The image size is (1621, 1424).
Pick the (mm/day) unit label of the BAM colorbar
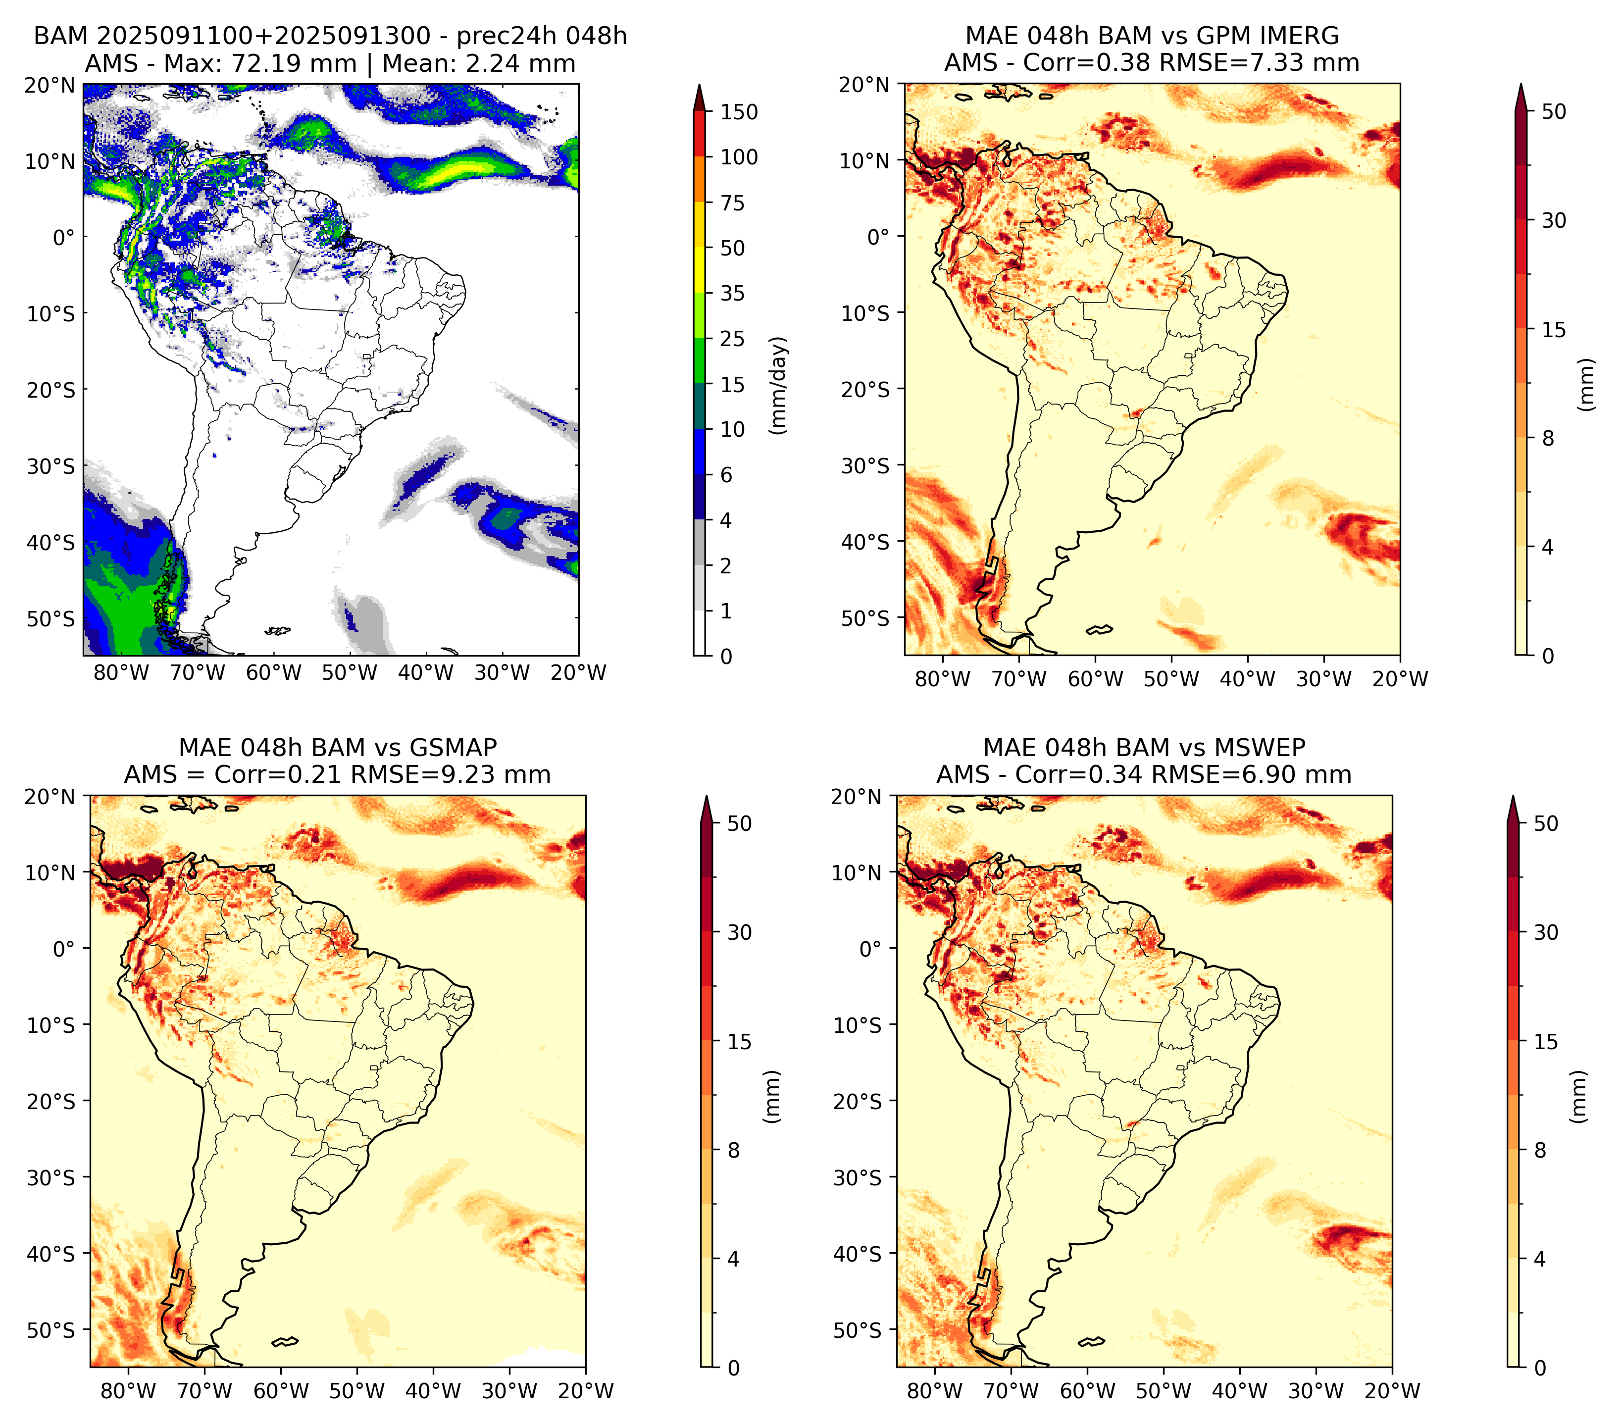point(779,385)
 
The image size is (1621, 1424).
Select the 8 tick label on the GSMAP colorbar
point(734,1151)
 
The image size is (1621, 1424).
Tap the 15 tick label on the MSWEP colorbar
point(1546,1042)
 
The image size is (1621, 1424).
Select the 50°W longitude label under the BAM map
point(350,673)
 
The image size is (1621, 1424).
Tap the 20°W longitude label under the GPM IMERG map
point(1401,679)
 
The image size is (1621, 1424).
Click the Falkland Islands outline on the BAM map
point(278,631)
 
